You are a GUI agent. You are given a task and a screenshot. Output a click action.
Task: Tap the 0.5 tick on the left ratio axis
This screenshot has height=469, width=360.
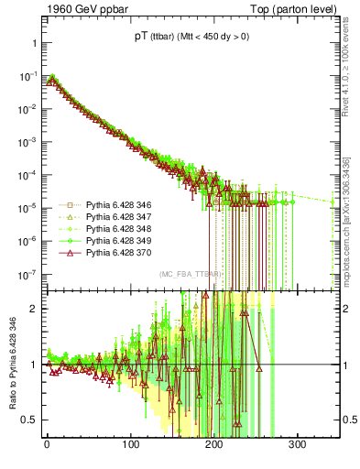(29, 420)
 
